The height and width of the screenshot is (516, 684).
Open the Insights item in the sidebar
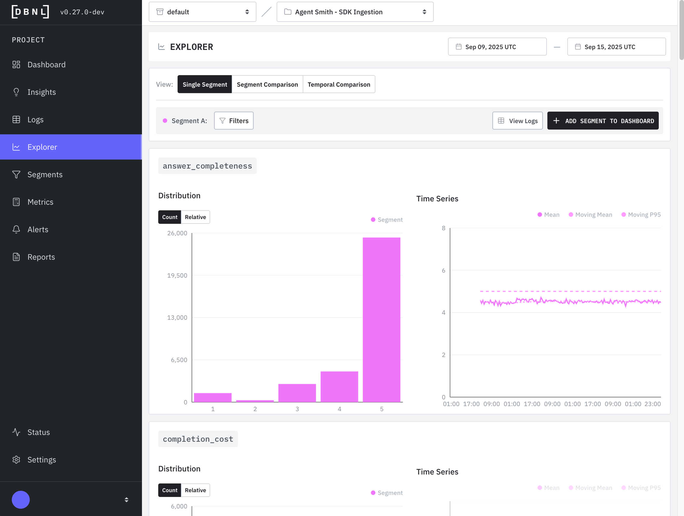tap(42, 92)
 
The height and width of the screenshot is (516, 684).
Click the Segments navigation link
tap(45, 175)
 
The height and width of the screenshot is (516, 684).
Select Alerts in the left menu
tap(38, 230)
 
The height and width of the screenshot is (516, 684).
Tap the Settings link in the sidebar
tap(42, 460)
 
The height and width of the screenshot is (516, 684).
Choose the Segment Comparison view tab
tap(267, 84)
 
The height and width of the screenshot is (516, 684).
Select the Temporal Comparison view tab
tap(339, 84)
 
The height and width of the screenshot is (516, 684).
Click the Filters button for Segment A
tap(234, 121)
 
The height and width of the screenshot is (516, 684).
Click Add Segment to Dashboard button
tap(603, 121)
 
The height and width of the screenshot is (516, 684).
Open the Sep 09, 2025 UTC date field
tap(497, 47)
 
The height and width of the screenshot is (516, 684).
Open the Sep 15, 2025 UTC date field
tap(616, 47)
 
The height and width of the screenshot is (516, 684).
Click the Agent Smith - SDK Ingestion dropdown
tap(355, 12)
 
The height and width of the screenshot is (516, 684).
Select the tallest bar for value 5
tap(381, 320)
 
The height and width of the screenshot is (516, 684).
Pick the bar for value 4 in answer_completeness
tap(339, 387)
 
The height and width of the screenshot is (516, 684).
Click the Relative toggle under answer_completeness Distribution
tap(195, 217)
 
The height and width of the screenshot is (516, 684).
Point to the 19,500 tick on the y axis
tap(177, 276)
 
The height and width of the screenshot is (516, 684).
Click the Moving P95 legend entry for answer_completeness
tap(641, 215)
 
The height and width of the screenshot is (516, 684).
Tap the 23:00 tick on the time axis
tap(653, 404)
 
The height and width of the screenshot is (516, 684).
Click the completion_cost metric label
tap(198, 439)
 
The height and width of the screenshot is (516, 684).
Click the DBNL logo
tap(30, 12)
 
